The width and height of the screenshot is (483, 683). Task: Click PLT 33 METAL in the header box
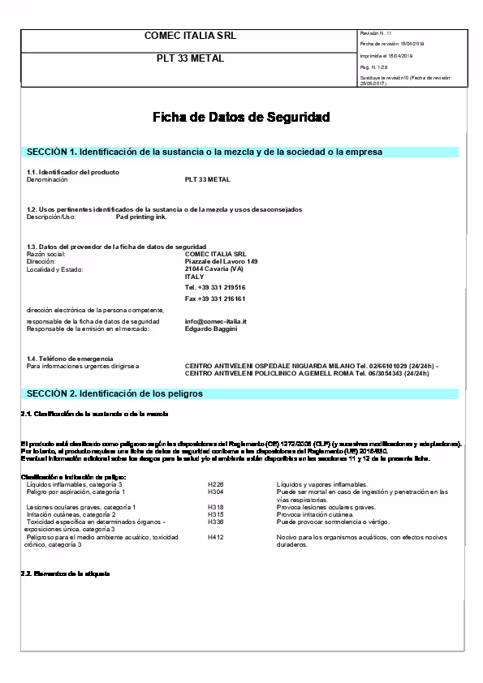pos(190,58)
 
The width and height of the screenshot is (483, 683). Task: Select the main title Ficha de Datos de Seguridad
pos(241,118)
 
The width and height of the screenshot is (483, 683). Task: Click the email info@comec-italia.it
pos(215,321)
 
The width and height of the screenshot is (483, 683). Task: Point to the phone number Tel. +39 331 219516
pos(215,287)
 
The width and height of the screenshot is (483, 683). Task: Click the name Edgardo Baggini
pos(212,329)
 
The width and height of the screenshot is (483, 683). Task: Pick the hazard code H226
pos(215,484)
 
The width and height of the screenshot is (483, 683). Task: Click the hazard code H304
pos(215,492)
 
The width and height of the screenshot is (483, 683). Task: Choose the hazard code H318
pos(215,506)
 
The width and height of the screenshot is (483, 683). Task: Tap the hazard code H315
pos(215,514)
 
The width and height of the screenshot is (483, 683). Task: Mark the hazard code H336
pos(215,522)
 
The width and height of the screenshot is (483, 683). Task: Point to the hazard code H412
pos(215,537)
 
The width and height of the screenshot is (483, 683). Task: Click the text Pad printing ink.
pos(141,217)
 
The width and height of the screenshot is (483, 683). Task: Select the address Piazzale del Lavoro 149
pos(221,261)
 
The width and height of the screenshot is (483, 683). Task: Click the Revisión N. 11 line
pos(375,32)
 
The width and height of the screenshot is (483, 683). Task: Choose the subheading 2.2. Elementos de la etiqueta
pos(64,573)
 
